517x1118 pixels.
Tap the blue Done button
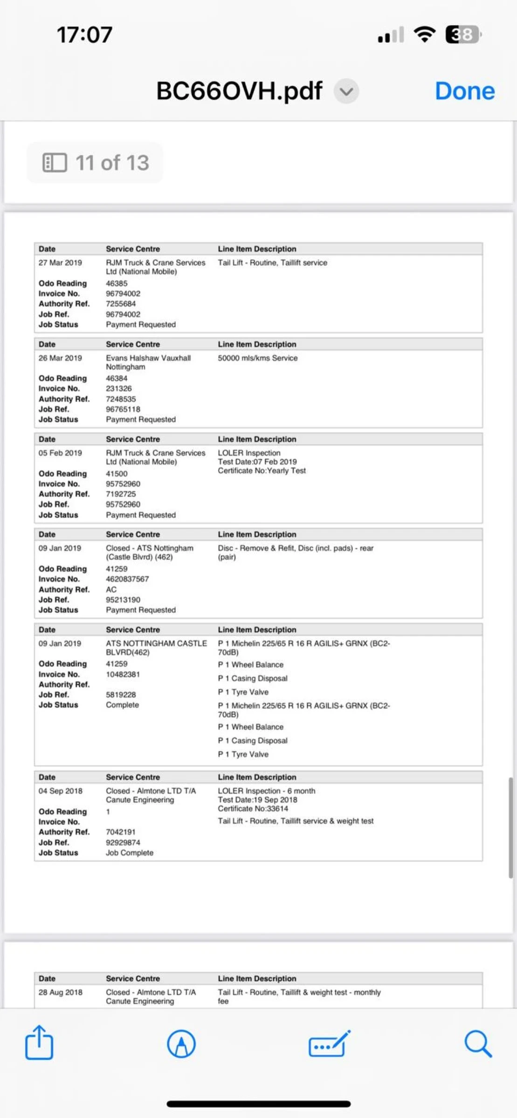click(x=464, y=91)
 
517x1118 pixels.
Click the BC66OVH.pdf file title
click(x=239, y=91)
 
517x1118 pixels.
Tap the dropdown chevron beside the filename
click(x=346, y=91)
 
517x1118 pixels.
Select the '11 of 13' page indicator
click(x=96, y=163)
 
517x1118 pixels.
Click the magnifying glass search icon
click(x=478, y=1043)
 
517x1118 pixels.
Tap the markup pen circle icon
click(x=181, y=1043)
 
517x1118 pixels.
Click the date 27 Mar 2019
click(x=60, y=263)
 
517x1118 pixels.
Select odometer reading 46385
click(x=117, y=283)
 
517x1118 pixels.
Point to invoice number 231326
click(x=119, y=389)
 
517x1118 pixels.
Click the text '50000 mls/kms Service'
click(x=257, y=358)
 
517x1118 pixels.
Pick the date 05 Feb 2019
click(x=60, y=453)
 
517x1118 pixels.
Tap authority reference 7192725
click(x=121, y=494)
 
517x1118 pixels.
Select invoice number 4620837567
click(x=127, y=579)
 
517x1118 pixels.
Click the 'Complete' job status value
click(x=122, y=705)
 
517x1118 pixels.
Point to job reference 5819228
click(x=121, y=695)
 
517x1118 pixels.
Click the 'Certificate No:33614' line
click(x=253, y=809)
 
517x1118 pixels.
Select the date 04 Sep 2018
click(x=61, y=791)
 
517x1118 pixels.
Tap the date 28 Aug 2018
click(x=61, y=992)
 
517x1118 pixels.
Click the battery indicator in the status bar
click(x=462, y=34)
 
